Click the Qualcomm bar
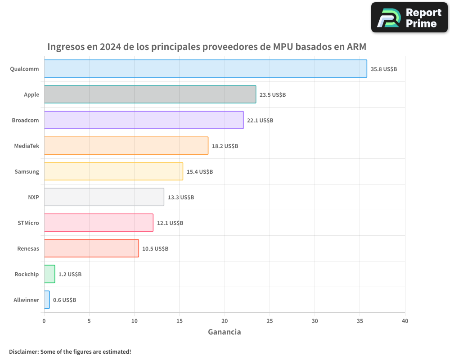coord(205,69)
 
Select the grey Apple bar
coord(150,94)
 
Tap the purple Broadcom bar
coord(144,120)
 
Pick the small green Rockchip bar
coord(49,274)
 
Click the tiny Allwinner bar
coord(47,300)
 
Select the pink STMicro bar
coord(99,223)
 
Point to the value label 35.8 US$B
coord(383,69)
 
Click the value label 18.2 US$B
coord(225,146)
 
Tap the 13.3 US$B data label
coord(180,198)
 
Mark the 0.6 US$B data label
coord(64,300)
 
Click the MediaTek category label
coord(27,146)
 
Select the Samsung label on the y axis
coord(27,171)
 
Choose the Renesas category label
coord(28,248)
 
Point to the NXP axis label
coord(33,197)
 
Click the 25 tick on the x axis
coord(270,321)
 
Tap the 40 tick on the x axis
coord(405,321)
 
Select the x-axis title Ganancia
coord(224,332)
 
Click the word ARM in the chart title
coord(356,47)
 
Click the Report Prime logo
coord(409,18)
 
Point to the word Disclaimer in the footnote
coord(23,351)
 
